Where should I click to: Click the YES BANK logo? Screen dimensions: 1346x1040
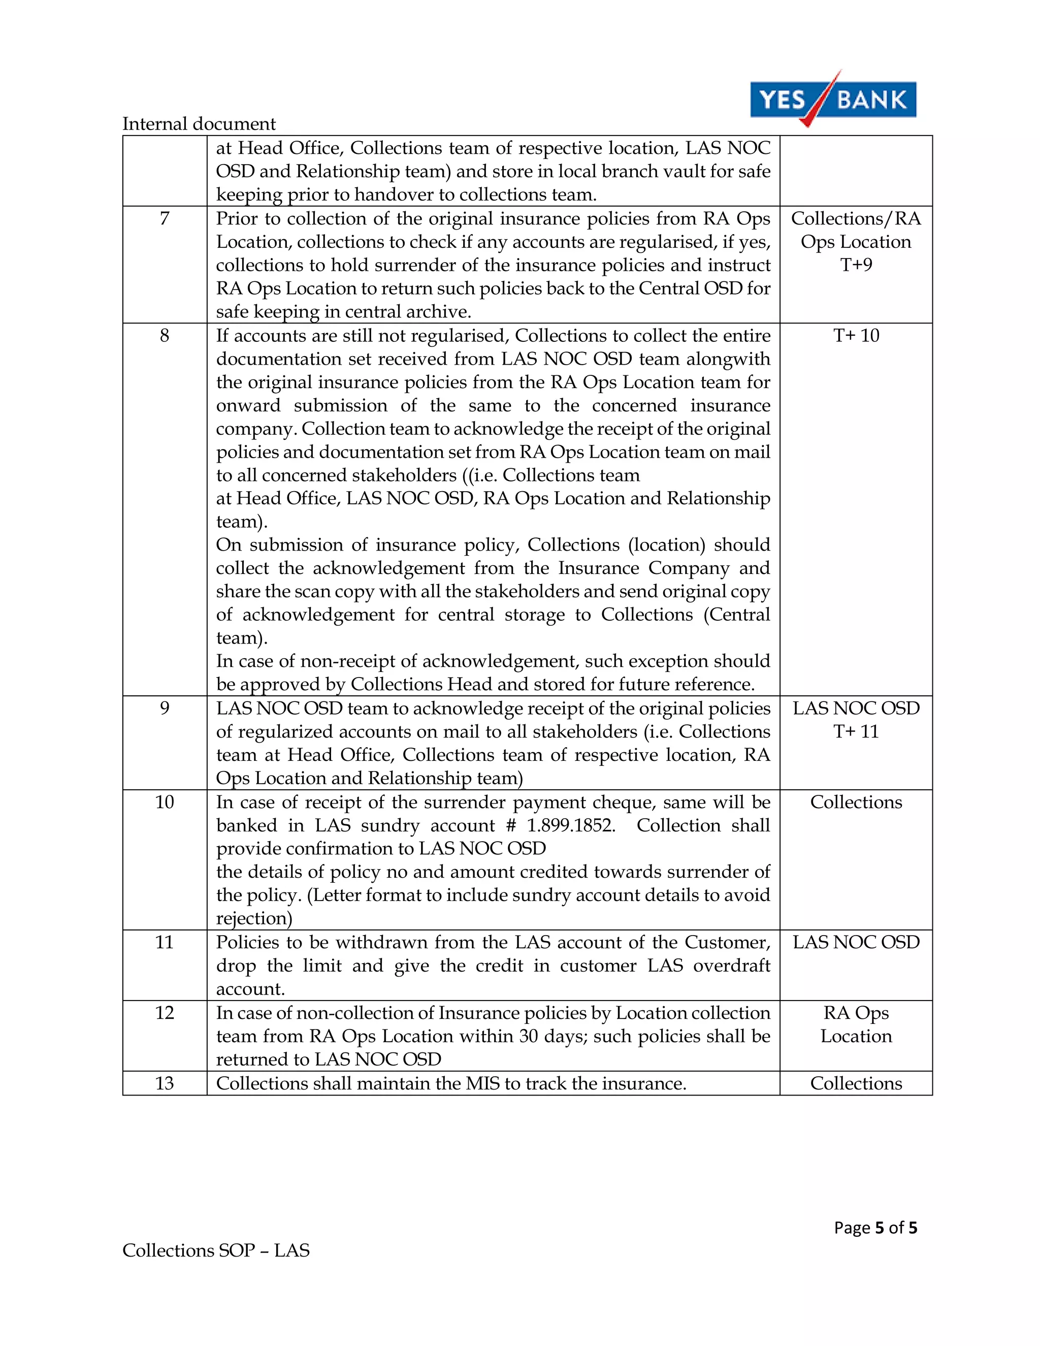tap(832, 99)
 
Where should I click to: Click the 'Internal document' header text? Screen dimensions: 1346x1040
tap(199, 124)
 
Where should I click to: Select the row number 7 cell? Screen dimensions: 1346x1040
tap(165, 219)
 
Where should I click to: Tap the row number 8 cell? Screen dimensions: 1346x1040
tap(165, 336)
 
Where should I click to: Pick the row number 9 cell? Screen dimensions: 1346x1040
tap(165, 708)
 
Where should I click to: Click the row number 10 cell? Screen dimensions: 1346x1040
tap(165, 802)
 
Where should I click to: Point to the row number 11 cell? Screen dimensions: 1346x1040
tap(165, 942)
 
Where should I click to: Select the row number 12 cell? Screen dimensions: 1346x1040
tap(165, 1013)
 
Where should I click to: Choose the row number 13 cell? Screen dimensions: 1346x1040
tap(165, 1083)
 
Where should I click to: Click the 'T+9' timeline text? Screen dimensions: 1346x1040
tap(856, 265)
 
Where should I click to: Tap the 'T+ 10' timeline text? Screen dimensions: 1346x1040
tap(856, 336)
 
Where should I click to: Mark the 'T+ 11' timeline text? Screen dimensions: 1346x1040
tap(856, 731)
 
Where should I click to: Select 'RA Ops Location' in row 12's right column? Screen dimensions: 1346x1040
tap(856, 1024)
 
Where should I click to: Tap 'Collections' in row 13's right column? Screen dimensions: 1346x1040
tap(856, 1083)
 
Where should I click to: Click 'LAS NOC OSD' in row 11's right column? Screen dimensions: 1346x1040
tap(856, 942)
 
